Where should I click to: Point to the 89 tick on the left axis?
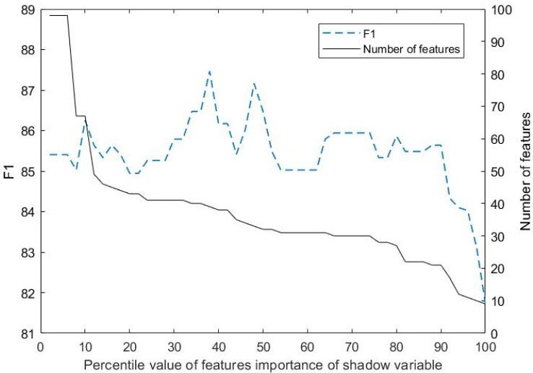click(x=22, y=9)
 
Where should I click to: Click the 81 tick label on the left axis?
click(x=22, y=333)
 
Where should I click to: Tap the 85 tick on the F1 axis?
click(x=22, y=171)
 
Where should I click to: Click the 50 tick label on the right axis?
click(x=498, y=171)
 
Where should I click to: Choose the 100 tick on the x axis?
click(x=485, y=346)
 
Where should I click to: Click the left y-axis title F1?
click(x=9, y=171)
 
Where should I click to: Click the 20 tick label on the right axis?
click(x=498, y=268)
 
